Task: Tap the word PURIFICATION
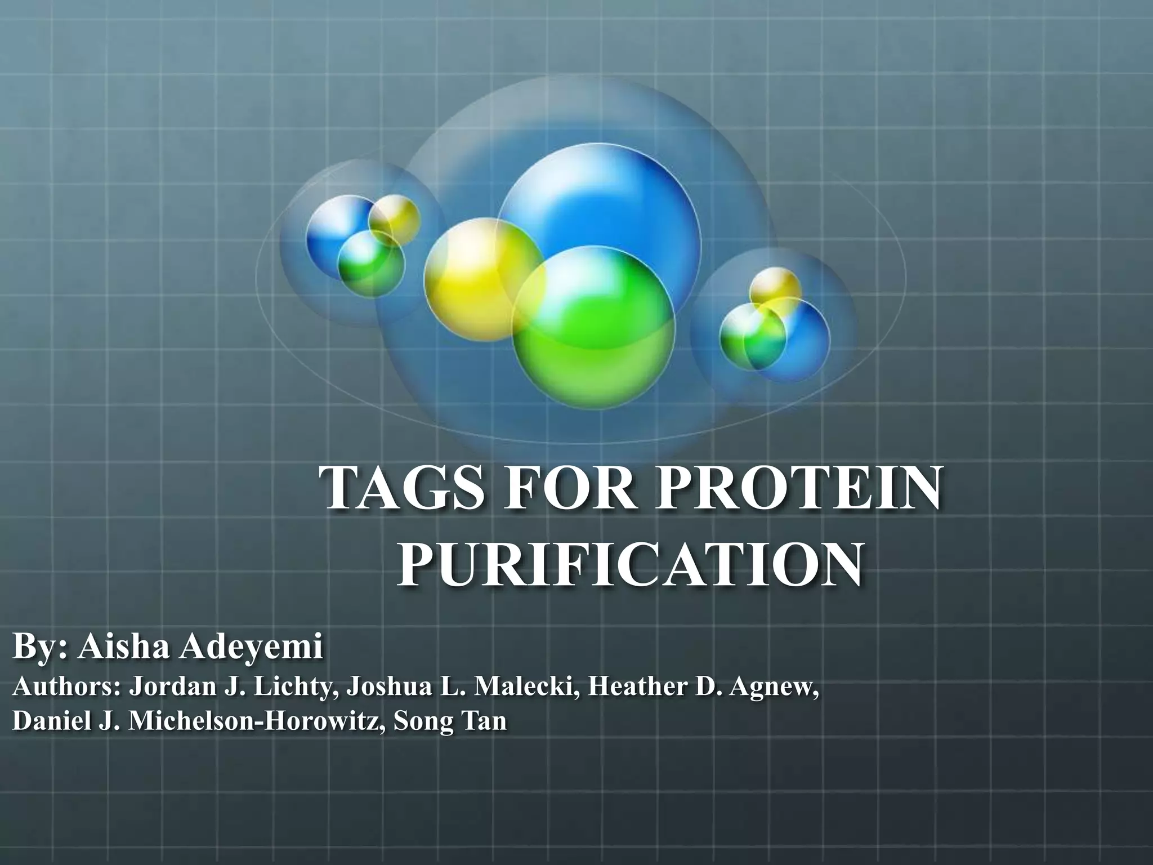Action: [629, 565]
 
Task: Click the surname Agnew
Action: [776, 688]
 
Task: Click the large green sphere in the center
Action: [595, 329]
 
